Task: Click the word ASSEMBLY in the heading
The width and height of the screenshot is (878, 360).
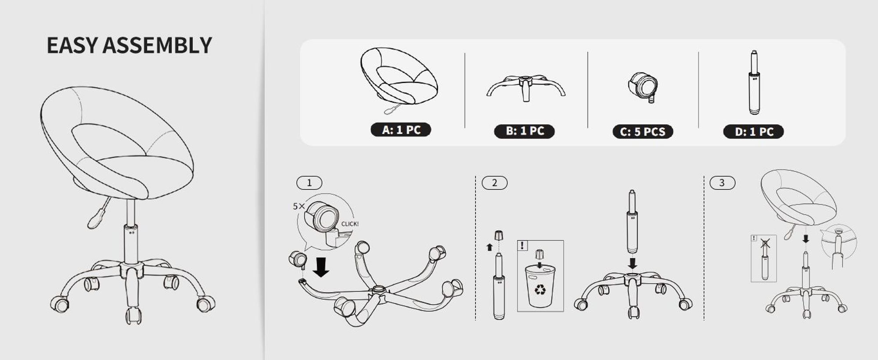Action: (x=157, y=46)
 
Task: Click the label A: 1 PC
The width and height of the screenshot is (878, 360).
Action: (x=401, y=130)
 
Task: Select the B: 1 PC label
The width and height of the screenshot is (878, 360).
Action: (x=525, y=131)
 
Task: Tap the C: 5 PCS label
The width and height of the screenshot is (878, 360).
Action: (x=643, y=132)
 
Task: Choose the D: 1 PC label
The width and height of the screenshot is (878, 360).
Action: (x=753, y=132)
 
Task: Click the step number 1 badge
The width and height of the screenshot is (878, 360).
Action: (x=309, y=183)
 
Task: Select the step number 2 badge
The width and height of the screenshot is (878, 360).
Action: (x=495, y=183)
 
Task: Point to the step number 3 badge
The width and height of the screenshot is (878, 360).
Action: (x=722, y=183)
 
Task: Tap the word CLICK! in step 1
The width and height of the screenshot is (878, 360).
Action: (x=350, y=224)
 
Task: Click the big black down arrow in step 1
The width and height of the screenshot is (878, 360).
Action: (x=321, y=267)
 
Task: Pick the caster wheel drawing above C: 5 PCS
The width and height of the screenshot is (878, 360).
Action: (x=643, y=87)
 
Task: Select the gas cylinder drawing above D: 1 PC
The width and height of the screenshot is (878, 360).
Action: (x=754, y=83)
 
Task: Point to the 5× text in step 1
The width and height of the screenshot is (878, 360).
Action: (x=299, y=206)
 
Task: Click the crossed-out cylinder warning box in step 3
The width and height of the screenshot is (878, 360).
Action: (x=763, y=258)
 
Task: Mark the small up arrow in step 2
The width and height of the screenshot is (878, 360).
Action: (x=489, y=247)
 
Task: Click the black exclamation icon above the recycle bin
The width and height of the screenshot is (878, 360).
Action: (x=522, y=245)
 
